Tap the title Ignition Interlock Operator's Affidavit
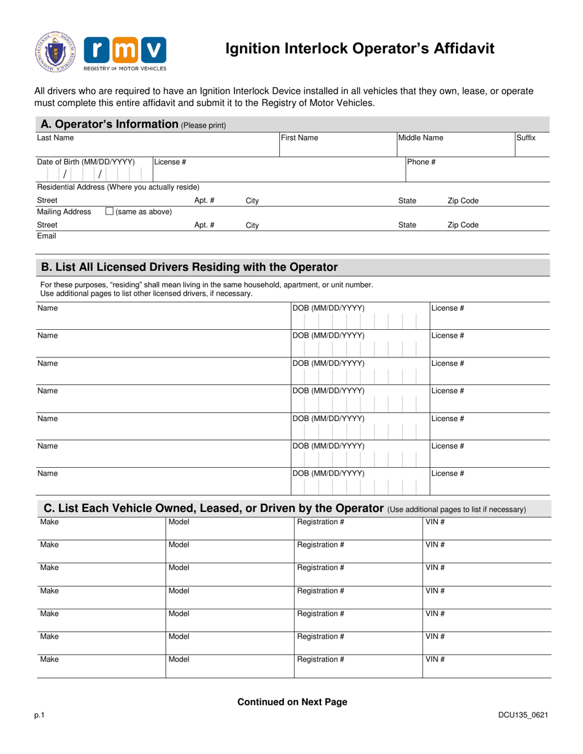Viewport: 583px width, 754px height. (360, 49)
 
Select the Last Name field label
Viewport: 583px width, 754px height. (55, 139)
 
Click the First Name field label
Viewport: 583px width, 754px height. (299, 139)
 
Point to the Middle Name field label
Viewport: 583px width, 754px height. (421, 139)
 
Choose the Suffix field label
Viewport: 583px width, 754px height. (525, 139)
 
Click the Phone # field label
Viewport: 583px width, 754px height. (422, 162)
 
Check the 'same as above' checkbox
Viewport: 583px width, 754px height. (109, 211)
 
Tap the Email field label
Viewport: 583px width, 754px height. (47, 235)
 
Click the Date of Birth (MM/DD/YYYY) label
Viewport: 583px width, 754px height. (86, 162)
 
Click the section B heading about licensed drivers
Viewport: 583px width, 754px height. (189, 267)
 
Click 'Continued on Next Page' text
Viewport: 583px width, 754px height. (292, 703)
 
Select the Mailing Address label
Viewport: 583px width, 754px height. (64, 212)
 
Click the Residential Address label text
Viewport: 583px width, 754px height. (118, 186)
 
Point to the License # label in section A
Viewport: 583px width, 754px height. (170, 162)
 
